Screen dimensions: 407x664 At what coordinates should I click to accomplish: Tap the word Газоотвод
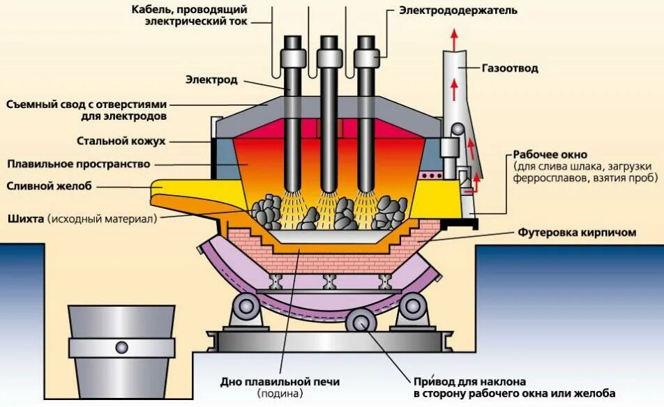(509, 68)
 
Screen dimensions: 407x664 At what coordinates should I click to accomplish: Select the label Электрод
(211, 79)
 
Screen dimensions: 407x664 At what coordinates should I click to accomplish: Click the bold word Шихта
(25, 217)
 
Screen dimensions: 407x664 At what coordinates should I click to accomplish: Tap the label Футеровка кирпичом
(576, 233)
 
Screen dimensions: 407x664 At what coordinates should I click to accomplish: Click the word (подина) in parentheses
(280, 394)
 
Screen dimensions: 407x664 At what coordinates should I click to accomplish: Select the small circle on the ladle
(121, 347)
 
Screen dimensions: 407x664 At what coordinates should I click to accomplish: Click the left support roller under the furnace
(246, 305)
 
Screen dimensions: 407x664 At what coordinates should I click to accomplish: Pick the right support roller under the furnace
(412, 305)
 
